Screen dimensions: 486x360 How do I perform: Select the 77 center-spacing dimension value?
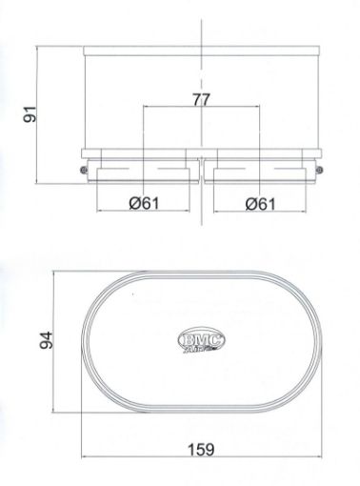[x=201, y=97]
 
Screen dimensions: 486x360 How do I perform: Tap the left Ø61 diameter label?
[x=143, y=203]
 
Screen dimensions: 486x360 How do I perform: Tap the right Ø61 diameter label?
[x=260, y=203]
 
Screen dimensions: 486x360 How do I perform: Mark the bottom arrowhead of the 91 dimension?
[x=39, y=182]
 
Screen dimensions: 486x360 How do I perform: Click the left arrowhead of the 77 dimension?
[x=145, y=107]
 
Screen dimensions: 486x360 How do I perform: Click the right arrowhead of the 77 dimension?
[x=258, y=107]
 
